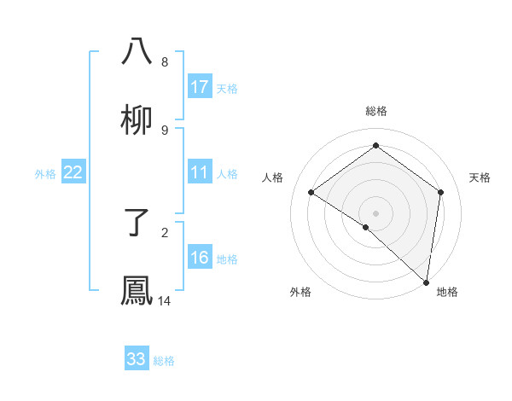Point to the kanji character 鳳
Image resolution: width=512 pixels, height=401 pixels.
point(137,290)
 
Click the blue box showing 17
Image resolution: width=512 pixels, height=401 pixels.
point(200,87)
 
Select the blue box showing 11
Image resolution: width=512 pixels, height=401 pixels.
point(200,172)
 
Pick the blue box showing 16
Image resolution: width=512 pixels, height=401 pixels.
point(200,258)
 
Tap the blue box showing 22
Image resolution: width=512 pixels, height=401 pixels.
point(73,172)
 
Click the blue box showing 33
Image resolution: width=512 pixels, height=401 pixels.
point(137,359)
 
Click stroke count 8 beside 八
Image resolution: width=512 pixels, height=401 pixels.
point(165,61)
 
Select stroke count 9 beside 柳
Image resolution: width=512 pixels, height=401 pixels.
point(165,130)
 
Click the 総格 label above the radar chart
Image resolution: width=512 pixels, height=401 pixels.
point(376,111)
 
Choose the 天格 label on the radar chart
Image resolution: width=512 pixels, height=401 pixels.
point(480,177)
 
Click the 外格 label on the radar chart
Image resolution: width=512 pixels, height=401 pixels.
point(300,292)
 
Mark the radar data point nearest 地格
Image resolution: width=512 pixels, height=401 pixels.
point(427,282)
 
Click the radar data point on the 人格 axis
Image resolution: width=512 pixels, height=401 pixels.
point(311,192)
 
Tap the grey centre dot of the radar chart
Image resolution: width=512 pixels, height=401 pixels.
point(376,212)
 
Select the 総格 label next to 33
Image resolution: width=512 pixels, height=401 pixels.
point(164,361)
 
